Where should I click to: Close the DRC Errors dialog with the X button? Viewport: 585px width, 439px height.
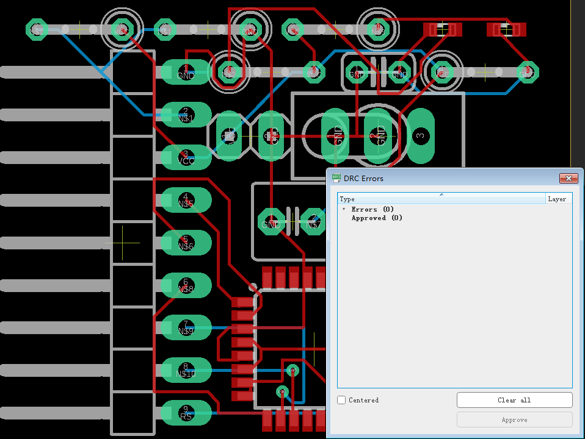(568, 178)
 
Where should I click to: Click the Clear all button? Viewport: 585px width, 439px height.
(514, 400)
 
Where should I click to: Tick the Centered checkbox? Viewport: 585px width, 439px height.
(342, 400)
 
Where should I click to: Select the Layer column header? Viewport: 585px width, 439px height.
(558, 199)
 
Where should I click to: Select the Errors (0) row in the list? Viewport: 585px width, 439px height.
(372, 209)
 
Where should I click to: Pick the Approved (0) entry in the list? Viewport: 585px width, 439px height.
(377, 218)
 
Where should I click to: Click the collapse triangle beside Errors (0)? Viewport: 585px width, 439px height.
(344, 209)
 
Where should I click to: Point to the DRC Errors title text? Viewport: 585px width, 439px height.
(363, 178)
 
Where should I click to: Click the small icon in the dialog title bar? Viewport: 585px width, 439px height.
(336, 178)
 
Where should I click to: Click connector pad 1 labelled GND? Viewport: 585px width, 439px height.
(186, 72)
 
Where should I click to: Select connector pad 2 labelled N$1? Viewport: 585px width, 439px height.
(186, 115)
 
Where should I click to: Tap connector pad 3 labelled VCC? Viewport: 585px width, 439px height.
(186, 157)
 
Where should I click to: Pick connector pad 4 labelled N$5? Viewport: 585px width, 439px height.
(186, 200)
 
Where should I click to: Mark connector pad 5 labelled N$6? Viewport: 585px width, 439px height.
(186, 243)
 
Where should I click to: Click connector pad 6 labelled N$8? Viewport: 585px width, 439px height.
(186, 285)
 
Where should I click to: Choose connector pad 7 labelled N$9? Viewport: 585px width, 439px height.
(186, 327)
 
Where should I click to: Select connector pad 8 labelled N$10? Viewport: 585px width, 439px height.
(186, 370)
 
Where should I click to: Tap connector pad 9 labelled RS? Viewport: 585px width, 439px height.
(186, 413)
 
